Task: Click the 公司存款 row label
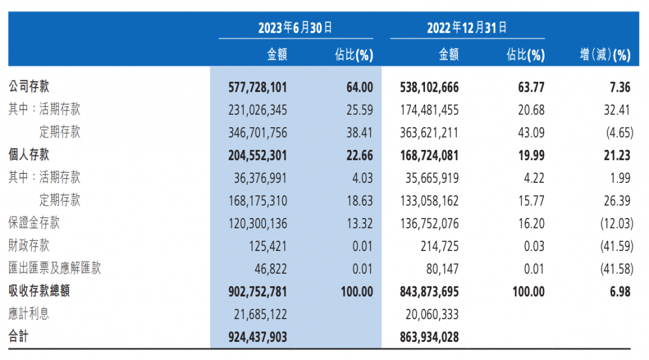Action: pos(29,87)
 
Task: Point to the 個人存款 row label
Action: pos(29,155)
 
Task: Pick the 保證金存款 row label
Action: pos(34,223)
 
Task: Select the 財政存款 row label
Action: pos(29,246)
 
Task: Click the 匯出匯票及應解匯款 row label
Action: pos(55,269)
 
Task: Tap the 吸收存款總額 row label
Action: pos(39,291)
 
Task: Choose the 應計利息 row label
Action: pos(29,314)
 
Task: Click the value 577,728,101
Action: pos(258,87)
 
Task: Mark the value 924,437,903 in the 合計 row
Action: pos(258,337)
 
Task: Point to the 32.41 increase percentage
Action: pos(617,110)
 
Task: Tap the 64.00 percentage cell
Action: pos(359,87)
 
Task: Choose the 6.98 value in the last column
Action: pos(619,291)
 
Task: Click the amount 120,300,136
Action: pos(258,223)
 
